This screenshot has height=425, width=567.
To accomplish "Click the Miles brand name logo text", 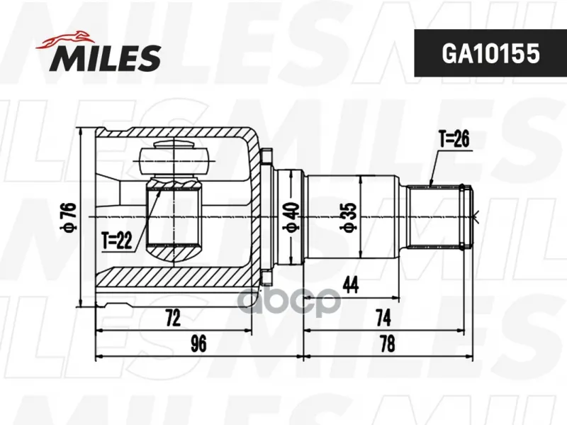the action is pyautogui.click(x=105, y=58).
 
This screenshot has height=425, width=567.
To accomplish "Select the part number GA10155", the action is pyautogui.click(x=490, y=53).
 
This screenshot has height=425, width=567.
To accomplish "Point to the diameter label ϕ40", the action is pyautogui.click(x=291, y=216).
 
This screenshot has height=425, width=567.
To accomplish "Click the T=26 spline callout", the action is pyautogui.click(x=454, y=138).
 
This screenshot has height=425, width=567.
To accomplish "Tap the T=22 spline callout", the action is pyautogui.click(x=116, y=241).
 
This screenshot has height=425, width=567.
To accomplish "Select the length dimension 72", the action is pyautogui.click(x=173, y=318).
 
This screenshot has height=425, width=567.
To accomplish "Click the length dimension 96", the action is pyautogui.click(x=198, y=343).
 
